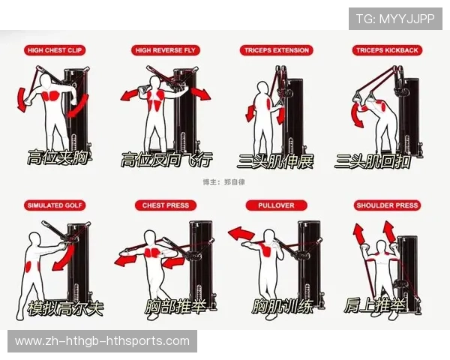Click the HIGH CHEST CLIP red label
(x=55, y=50)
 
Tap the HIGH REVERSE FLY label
(x=165, y=50)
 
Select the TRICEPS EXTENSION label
(x=276, y=50)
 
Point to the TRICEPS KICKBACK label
(x=387, y=50)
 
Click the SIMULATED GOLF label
(x=55, y=205)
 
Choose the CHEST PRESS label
(x=166, y=205)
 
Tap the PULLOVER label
(x=276, y=205)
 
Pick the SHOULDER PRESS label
(x=387, y=205)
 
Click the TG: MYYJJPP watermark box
(x=395, y=19)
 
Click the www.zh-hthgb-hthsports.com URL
(x=102, y=341)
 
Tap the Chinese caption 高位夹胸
(x=58, y=157)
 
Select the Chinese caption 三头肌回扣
(x=373, y=161)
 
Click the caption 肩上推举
(x=374, y=306)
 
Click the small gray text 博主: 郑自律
(x=223, y=182)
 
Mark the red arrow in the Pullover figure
(x=241, y=233)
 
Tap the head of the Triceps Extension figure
(x=263, y=88)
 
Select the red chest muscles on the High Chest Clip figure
(x=52, y=95)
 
